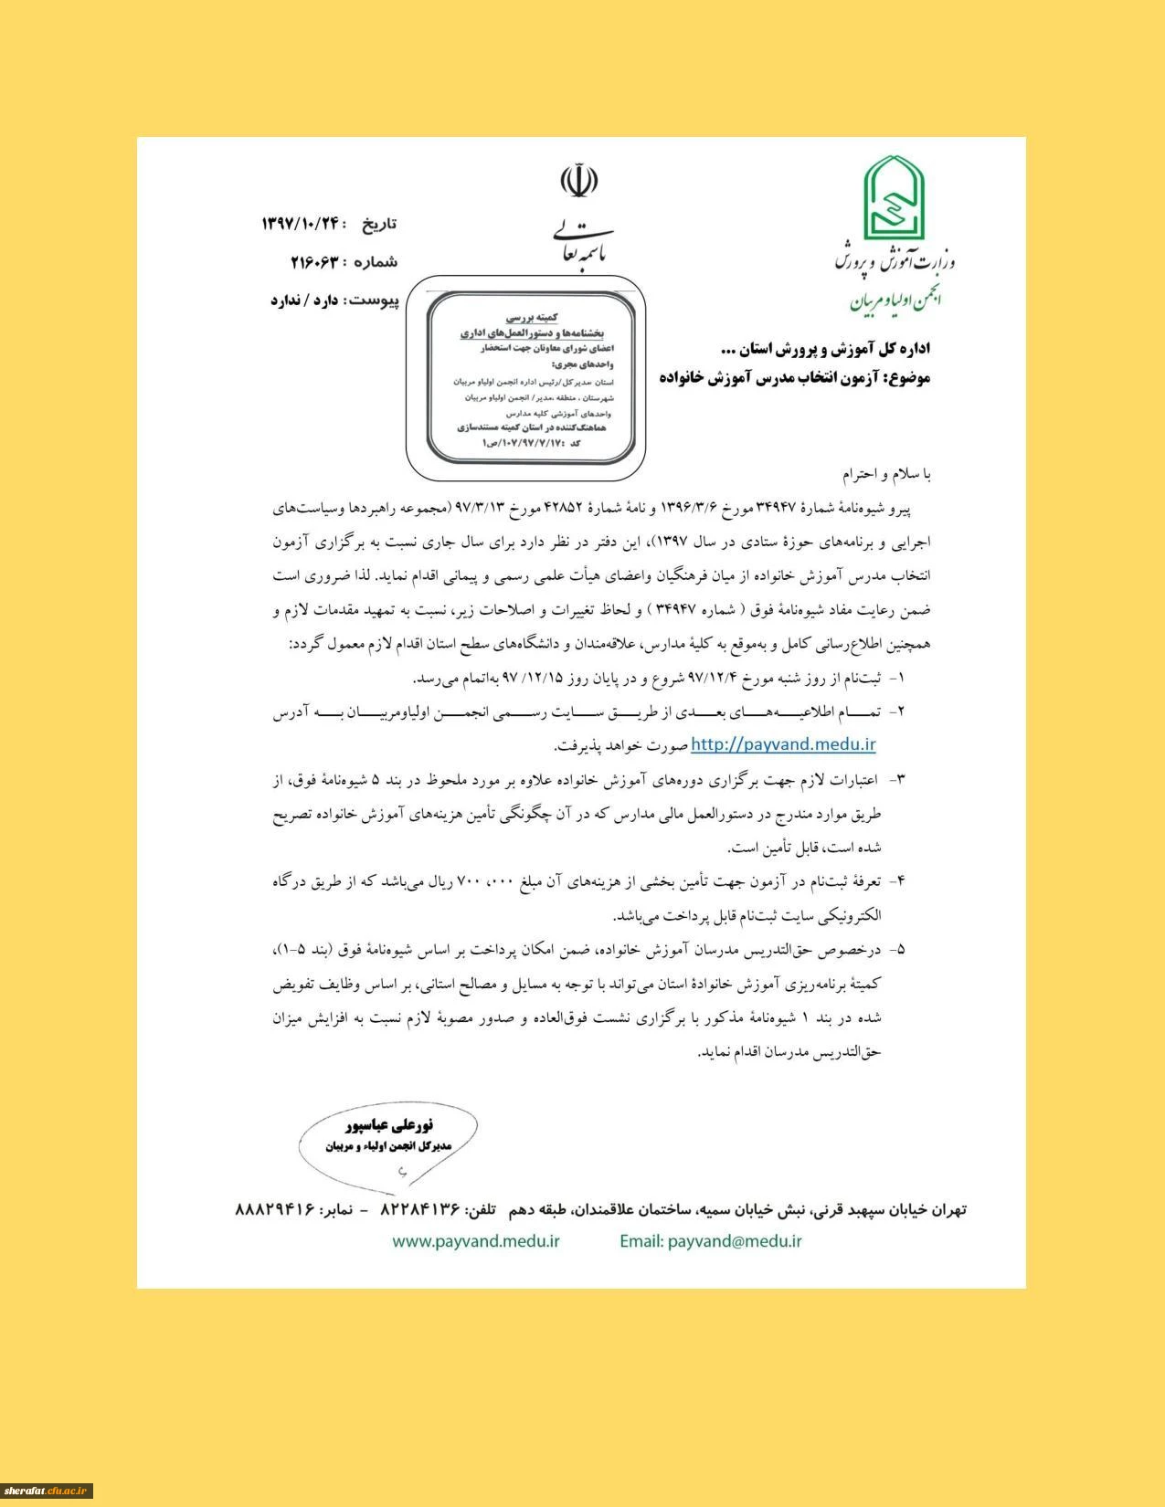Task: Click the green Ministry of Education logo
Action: [x=895, y=195]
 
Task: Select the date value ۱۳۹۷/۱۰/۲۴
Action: [x=302, y=224]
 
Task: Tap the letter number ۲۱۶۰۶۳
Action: [x=314, y=262]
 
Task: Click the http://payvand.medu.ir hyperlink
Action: [x=783, y=744]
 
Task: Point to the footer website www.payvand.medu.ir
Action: [x=476, y=1240]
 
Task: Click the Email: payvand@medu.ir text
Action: [x=710, y=1240]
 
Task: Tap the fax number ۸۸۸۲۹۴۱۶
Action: [x=275, y=1209]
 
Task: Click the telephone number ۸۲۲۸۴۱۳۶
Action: [x=419, y=1209]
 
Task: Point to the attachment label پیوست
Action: [x=375, y=300]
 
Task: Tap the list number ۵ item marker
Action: [x=899, y=950]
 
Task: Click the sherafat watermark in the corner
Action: [x=47, y=1490]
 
